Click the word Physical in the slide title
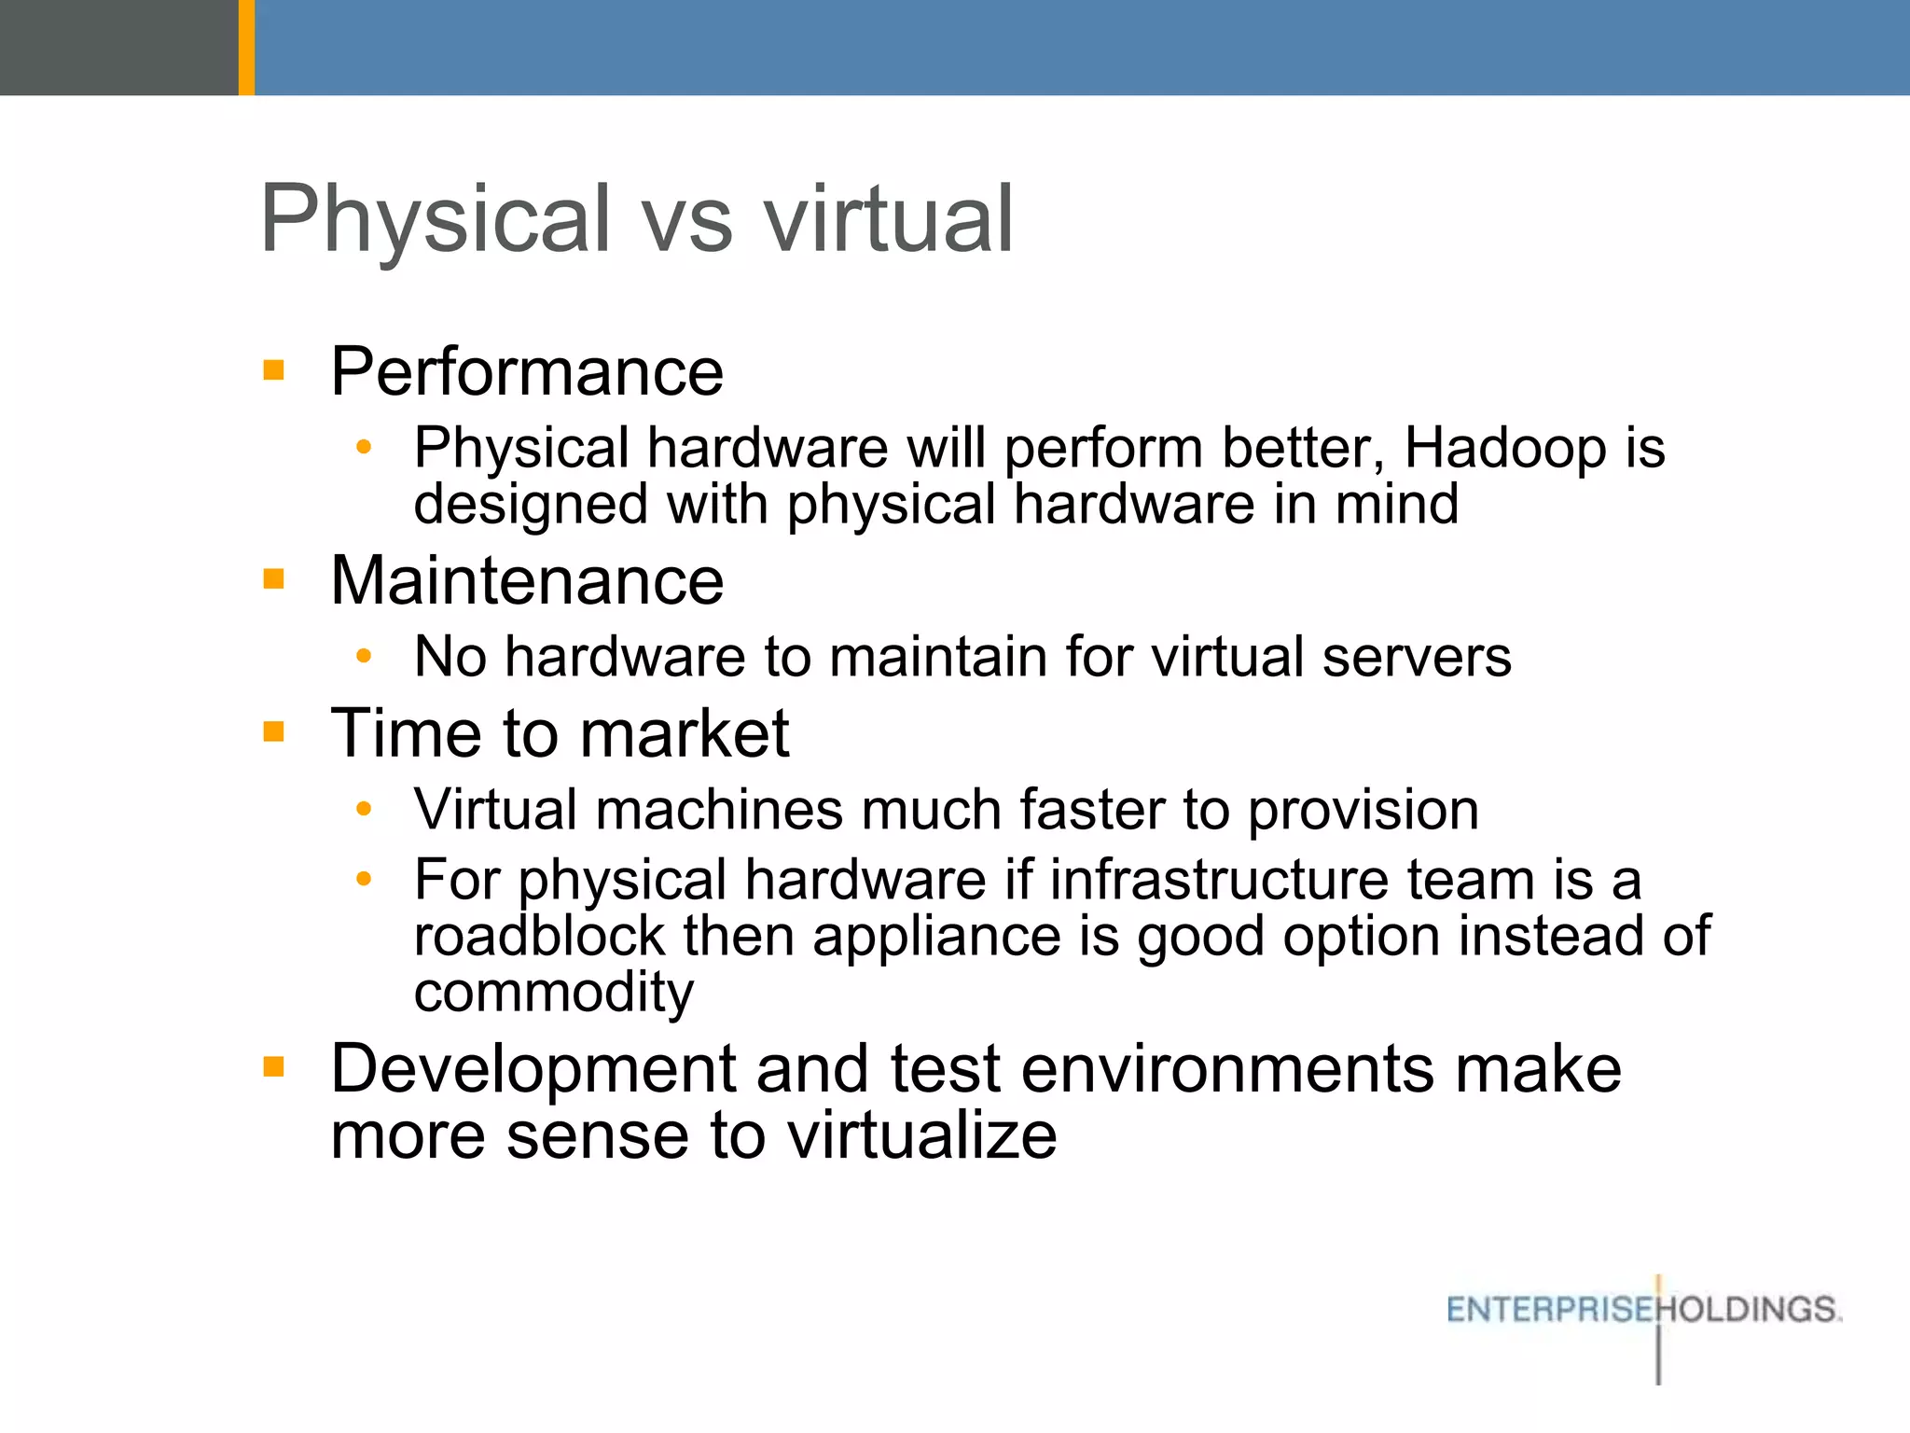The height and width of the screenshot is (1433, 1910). click(435, 220)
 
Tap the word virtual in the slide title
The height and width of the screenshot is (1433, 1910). click(889, 220)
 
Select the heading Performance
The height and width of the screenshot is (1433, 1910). click(527, 372)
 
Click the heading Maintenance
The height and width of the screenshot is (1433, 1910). click(527, 581)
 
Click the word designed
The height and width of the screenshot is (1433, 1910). click(531, 505)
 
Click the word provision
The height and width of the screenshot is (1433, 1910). click(1363, 810)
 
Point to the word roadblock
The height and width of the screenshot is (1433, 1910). click(539, 936)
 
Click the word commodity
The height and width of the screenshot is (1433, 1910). click(554, 993)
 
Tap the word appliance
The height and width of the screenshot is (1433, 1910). click(936, 936)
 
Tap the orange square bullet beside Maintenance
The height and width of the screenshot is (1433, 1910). click(273, 579)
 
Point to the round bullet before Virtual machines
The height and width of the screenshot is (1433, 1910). click(364, 808)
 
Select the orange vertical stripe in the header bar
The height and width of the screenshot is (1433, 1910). click(246, 47)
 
